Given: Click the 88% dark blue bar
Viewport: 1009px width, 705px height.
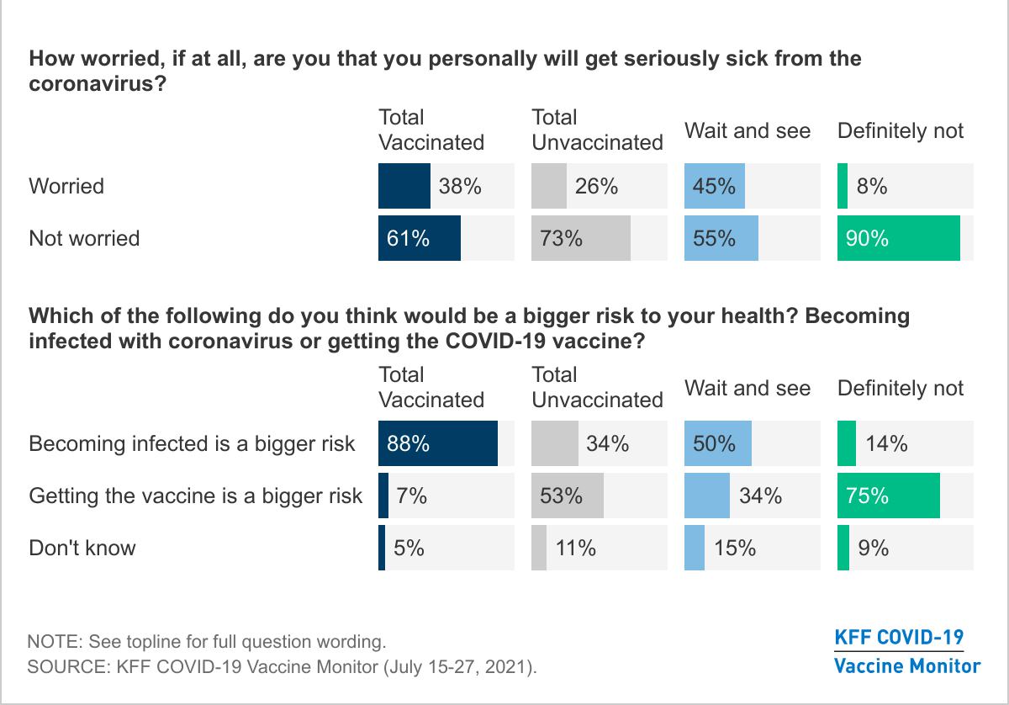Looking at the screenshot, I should coord(438,443).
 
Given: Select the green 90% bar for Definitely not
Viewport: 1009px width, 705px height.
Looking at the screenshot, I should coord(898,238).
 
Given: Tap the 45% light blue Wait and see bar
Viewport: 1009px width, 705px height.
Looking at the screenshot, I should coord(714,186).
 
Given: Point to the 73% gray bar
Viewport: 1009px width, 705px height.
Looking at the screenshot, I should coord(581,238).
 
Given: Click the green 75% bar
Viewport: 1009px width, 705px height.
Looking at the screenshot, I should coord(888,496).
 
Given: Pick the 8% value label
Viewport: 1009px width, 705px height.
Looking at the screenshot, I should coord(872,186).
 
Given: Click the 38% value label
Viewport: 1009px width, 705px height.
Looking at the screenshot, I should coord(460,186).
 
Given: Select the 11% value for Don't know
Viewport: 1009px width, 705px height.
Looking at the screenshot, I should coord(575,548).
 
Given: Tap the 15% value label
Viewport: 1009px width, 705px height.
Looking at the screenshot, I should coord(734,548).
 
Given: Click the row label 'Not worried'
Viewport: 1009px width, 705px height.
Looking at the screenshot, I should coord(84,238).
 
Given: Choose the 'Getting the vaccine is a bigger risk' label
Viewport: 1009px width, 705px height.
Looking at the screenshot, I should coord(195,496).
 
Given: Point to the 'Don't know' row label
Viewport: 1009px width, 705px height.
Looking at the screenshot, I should coord(82,548).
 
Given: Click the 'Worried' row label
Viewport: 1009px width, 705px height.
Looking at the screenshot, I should coord(66,186).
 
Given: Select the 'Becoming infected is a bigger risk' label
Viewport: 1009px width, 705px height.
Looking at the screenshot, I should coord(192,443).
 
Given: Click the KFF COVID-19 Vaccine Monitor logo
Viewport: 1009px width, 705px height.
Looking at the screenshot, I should coord(906,651).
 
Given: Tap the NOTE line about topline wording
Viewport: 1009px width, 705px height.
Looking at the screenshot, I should coord(207,641).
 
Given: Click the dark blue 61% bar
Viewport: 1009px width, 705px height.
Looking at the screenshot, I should coord(420,238).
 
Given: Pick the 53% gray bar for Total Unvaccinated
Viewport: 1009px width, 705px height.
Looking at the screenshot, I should coord(568,496).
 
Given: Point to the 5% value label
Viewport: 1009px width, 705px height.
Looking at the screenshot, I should coord(409,548).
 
